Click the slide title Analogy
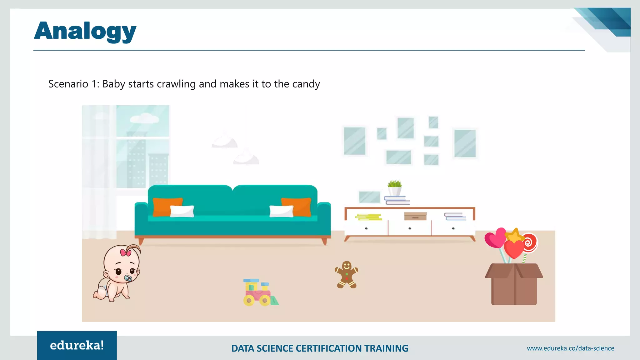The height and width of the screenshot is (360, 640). pyautogui.click(x=85, y=31)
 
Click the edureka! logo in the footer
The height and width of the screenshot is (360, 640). pyautogui.click(x=77, y=345)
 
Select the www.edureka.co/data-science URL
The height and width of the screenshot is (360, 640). pyautogui.click(x=570, y=348)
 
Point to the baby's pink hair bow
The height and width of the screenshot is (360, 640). pyautogui.click(x=126, y=252)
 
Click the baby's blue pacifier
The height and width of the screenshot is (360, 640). pyautogui.click(x=128, y=278)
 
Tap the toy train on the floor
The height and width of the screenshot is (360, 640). pyautogui.click(x=259, y=292)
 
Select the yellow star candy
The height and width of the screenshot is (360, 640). pyautogui.click(x=515, y=235)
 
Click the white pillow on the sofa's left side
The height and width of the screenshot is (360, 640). pyautogui.click(x=182, y=211)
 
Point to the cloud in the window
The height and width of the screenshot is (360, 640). pyautogui.click(x=144, y=118)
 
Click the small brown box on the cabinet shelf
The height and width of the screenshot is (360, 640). pyautogui.click(x=415, y=216)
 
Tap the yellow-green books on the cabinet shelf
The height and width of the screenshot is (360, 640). pyautogui.click(x=369, y=217)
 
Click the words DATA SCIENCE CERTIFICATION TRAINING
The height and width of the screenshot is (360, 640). pyautogui.click(x=320, y=348)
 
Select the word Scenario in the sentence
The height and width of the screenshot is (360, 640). pyautogui.click(x=68, y=84)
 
